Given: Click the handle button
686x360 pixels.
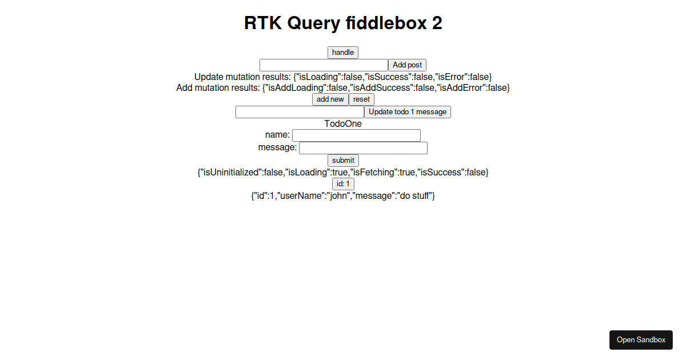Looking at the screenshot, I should (343, 53).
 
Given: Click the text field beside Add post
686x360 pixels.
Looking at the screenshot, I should (324, 65).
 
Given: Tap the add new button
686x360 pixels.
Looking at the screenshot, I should (330, 99).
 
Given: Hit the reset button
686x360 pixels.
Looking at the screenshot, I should (361, 99).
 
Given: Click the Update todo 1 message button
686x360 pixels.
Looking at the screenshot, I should (407, 112).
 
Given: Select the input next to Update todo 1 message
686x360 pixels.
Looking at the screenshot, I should (300, 112).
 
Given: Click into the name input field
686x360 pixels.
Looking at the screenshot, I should (356, 135).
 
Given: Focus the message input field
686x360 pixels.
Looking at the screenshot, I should (363, 148).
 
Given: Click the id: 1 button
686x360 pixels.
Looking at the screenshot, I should (343, 184).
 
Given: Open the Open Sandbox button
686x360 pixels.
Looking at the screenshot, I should (641, 340).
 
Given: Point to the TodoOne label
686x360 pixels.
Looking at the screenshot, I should (343, 123).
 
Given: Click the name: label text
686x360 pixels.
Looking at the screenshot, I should (277, 135).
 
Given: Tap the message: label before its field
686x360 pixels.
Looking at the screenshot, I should (277, 147).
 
